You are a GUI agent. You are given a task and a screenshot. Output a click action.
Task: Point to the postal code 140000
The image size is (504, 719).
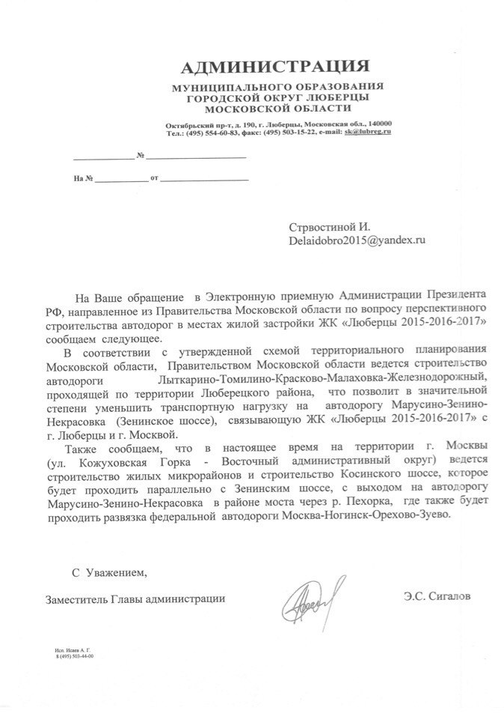[381, 124]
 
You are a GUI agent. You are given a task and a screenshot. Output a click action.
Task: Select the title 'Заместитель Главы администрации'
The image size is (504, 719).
[135, 598]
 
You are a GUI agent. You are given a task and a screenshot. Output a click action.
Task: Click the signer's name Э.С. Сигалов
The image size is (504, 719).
[437, 597]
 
